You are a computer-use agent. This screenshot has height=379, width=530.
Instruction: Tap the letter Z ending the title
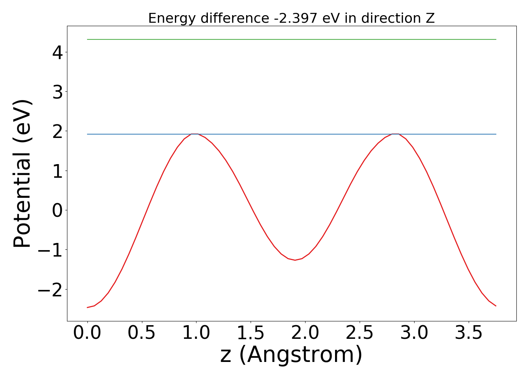[430, 18]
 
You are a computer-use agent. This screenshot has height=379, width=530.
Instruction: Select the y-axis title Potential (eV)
[22, 174]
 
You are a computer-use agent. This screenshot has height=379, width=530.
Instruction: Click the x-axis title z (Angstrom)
[291, 355]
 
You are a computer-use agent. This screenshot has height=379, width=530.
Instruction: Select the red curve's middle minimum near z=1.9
[295, 260]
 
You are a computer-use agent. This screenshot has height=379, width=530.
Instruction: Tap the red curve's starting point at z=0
[87, 307]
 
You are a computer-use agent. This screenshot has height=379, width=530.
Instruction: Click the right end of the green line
[496, 39]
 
